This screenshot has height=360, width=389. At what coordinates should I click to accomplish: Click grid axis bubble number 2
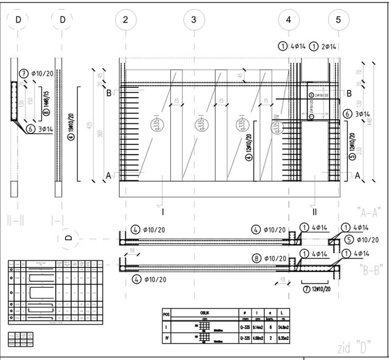(125, 20)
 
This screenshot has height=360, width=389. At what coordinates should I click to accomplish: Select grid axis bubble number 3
(193, 20)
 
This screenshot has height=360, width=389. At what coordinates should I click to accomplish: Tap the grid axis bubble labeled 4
(289, 20)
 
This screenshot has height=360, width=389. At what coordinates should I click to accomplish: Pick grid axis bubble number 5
(339, 20)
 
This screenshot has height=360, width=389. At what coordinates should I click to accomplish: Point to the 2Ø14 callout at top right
(326, 46)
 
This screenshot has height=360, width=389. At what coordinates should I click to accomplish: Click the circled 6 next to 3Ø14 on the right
(347, 114)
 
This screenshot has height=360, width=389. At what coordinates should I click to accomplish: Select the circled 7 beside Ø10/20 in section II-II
(24, 73)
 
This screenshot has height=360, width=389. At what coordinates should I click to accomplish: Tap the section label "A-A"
(368, 212)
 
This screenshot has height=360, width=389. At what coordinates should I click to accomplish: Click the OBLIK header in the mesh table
(205, 314)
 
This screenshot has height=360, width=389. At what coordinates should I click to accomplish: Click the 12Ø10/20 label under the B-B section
(322, 290)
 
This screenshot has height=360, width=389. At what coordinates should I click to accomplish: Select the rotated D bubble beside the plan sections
(68, 238)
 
